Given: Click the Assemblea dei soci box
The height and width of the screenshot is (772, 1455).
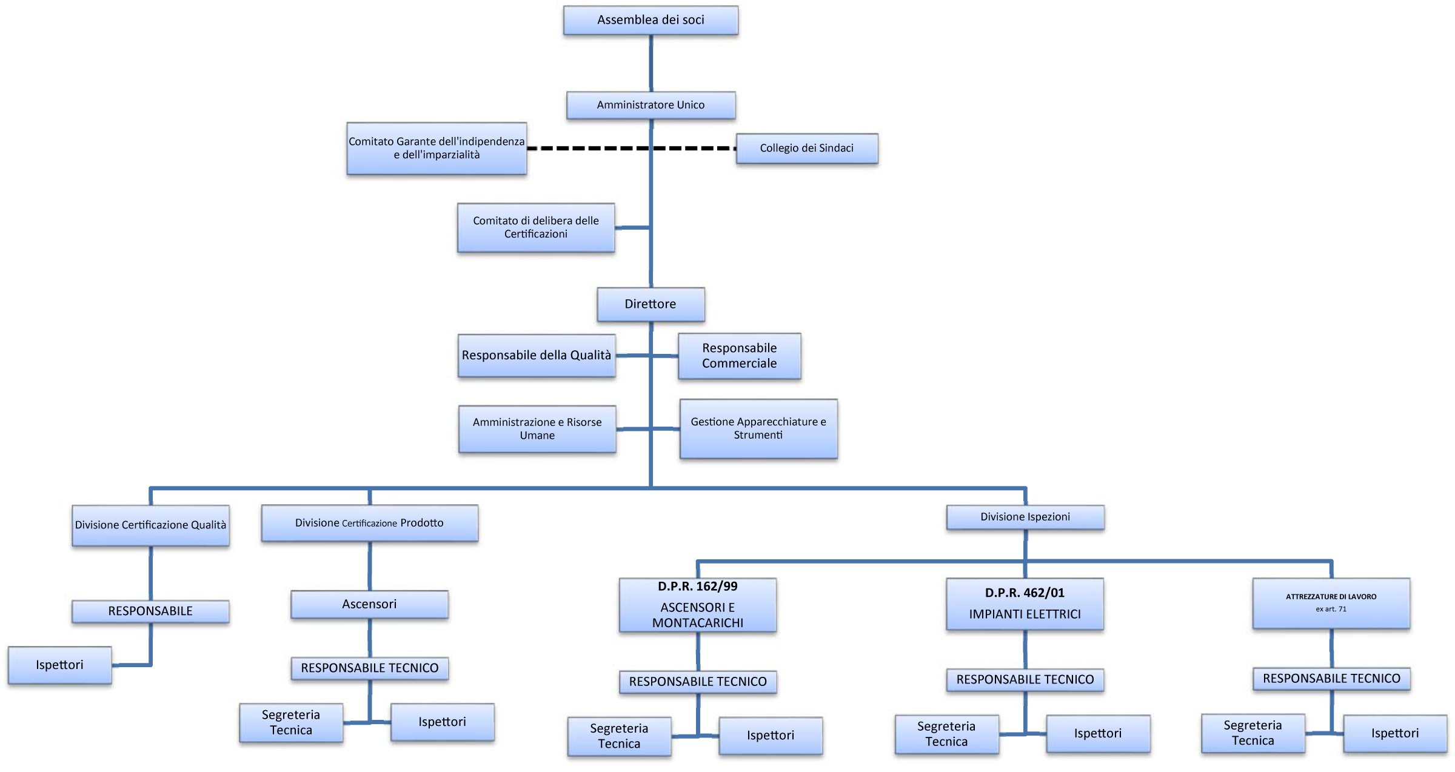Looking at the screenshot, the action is (651, 20).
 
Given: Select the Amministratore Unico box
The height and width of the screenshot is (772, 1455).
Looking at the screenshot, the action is (651, 105).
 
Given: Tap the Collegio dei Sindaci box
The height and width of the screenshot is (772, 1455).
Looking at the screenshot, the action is (807, 148).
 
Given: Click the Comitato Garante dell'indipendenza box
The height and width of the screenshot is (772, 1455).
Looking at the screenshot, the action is (436, 148).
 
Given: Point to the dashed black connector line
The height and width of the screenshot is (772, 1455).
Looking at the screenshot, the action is (631, 148).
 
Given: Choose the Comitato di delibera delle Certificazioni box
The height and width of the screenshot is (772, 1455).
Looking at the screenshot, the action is (536, 227).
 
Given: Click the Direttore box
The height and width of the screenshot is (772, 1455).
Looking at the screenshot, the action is (651, 304).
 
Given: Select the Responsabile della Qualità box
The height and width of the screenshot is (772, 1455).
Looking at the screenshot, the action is (537, 356).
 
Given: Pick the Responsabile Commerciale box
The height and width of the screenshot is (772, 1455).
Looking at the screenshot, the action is (740, 356).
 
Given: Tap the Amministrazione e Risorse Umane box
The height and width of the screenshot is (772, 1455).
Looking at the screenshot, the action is (537, 429).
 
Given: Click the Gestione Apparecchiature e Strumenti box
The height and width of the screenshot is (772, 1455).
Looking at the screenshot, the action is (758, 428).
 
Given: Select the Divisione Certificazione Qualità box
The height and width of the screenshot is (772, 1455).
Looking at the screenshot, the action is (150, 525).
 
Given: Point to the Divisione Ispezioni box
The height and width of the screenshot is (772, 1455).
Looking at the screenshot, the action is (1025, 517).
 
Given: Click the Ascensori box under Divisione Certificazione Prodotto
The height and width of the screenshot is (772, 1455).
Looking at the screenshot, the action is (369, 604).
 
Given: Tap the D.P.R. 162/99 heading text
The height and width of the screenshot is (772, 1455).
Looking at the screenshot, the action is (698, 587).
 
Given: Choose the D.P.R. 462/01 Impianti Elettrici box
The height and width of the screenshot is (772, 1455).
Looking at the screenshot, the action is (1025, 604).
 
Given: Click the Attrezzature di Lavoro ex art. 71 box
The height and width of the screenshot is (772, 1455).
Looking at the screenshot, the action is (1331, 604).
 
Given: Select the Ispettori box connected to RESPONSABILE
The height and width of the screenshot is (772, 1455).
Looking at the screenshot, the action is (59, 665).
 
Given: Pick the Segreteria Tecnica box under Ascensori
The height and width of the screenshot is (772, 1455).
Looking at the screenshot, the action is (291, 722).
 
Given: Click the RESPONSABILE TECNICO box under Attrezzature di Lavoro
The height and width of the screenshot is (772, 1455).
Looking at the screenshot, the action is (1331, 679).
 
